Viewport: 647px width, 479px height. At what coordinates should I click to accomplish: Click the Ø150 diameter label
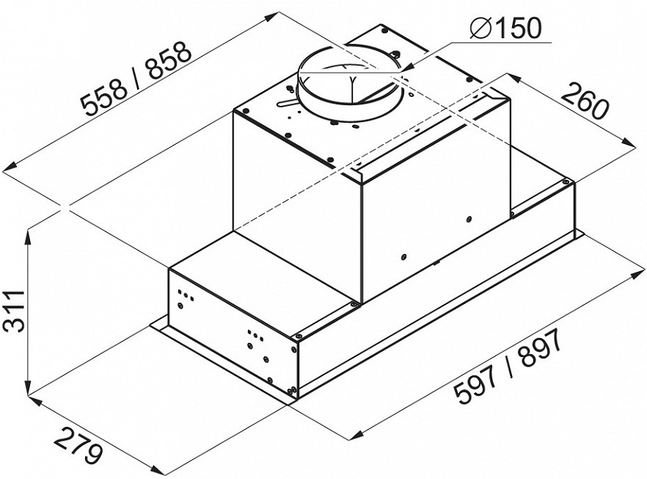(x=505, y=29)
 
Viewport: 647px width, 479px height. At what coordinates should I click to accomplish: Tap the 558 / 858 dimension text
(x=137, y=78)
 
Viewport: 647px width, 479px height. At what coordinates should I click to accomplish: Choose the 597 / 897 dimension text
(x=508, y=366)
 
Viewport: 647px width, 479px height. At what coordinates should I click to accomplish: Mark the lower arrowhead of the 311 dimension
(x=28, y=388)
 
